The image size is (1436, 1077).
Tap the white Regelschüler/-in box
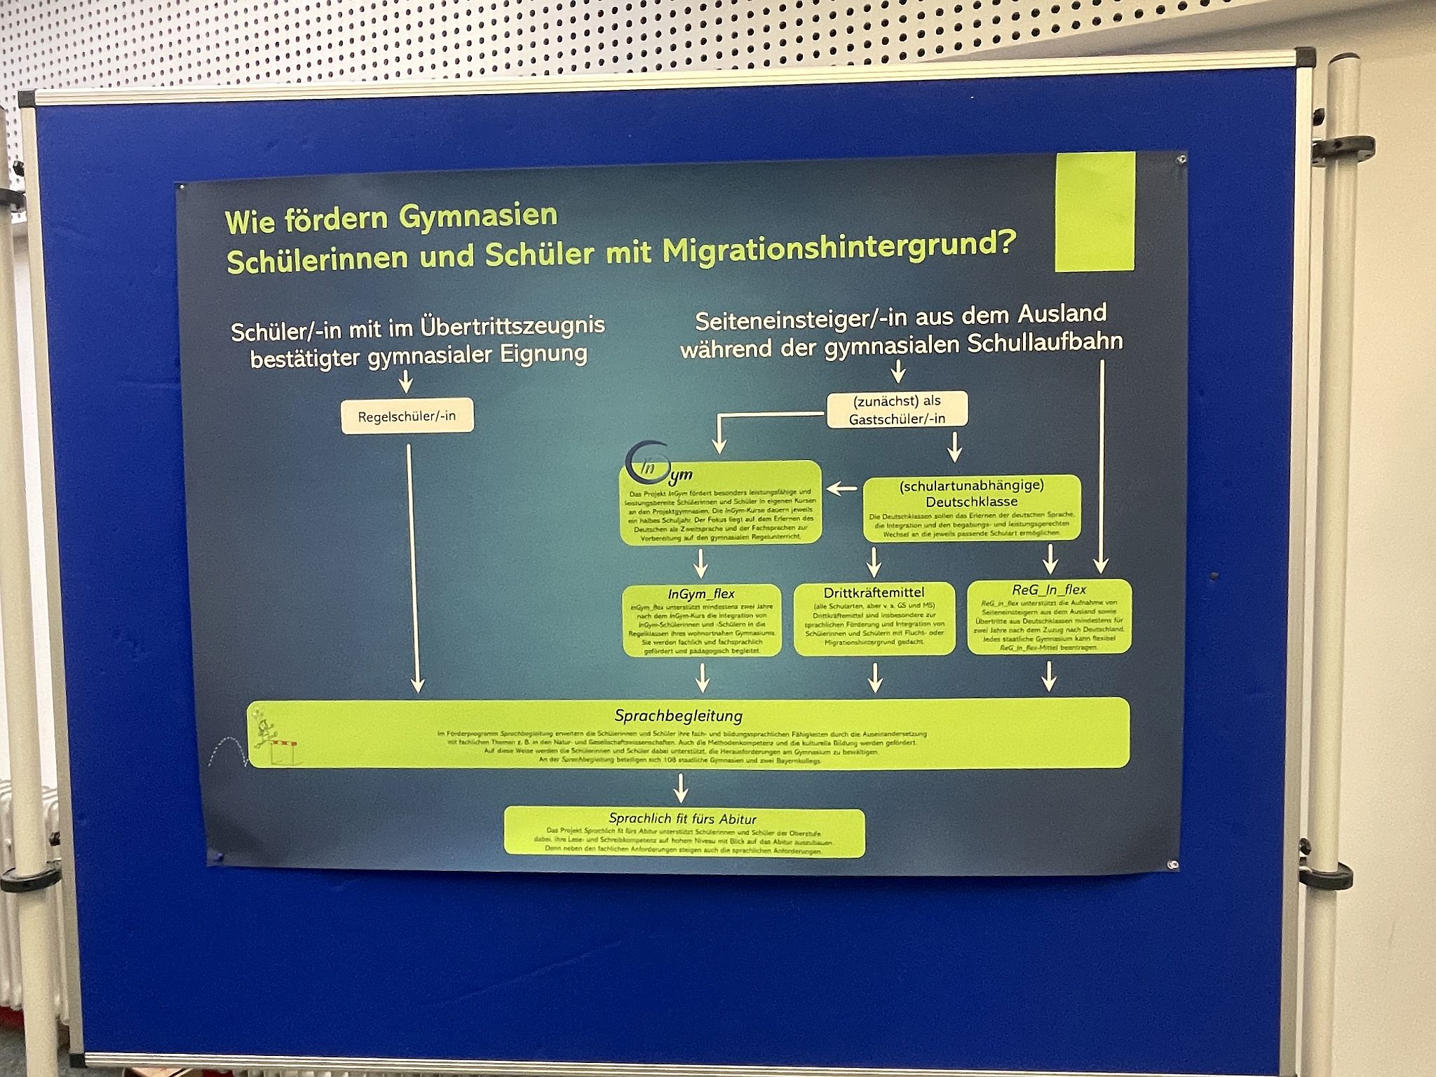pos(407,416)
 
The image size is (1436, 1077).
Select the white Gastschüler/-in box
pos(897,409)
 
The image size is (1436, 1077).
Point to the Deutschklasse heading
pos(971,502)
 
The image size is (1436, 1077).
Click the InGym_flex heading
pos(701,594)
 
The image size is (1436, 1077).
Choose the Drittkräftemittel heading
pos(874,593)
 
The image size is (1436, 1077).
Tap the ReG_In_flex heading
pos(1049,590)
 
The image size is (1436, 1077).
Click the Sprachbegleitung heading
pos(678,716)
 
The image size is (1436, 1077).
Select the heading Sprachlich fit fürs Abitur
pos(682,818)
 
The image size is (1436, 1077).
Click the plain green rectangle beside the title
pos(1095,211)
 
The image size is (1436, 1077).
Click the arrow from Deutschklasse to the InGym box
pos(841,488)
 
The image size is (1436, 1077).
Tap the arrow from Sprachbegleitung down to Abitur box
pos(680,790)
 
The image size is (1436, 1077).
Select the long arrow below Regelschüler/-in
pos(414,568)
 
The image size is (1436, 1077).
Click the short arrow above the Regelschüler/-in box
pos(405,383)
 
